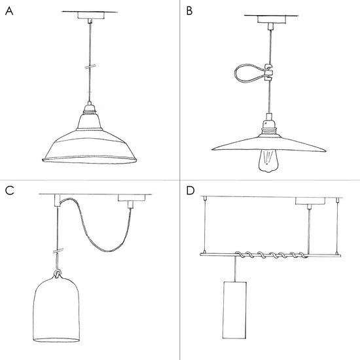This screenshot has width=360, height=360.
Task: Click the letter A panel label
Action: (9, 11)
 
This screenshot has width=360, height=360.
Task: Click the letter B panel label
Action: (189, 11)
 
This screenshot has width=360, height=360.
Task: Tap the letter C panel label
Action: (10, 190)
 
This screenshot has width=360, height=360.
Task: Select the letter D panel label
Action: (190, 190)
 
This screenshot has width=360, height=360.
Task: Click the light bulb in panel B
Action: (266, 161)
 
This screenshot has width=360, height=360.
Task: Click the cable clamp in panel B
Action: (268, 73)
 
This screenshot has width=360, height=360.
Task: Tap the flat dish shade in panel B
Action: (268, 144)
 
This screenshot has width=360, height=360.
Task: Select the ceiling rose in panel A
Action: (91, 16)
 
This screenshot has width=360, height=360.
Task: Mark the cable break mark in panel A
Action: (90, 67)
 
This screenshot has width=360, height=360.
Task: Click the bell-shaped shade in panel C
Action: (57, 309)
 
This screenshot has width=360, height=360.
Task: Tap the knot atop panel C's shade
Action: (57, 274)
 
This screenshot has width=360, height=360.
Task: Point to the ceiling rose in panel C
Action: (132, 198)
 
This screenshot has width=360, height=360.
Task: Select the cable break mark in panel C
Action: (58, 251)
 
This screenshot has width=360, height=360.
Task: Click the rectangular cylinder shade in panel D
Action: (234, 310)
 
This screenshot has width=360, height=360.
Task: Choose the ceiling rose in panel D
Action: (310, 201)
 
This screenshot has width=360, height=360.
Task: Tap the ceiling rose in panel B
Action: (272, 19)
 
